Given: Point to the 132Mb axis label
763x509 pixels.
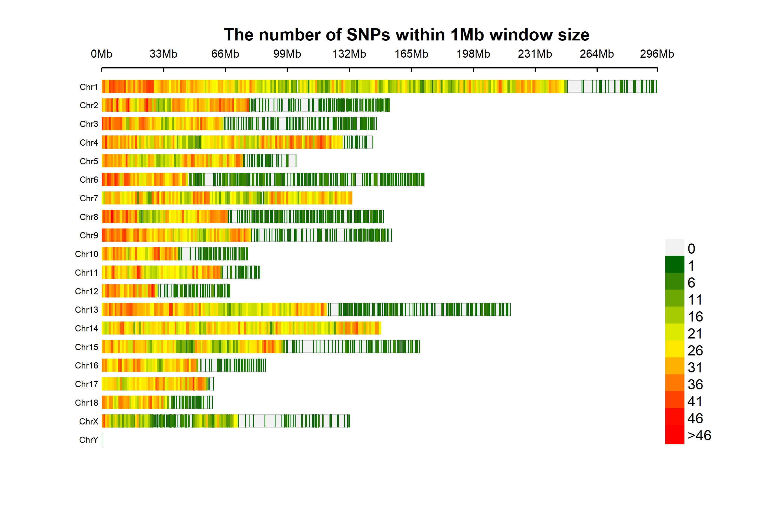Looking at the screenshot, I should pyautogui.click(x=349, y=54).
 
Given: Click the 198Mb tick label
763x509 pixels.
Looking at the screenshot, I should pyautogui.click(x=473, y=54).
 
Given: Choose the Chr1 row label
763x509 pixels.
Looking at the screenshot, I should pyautogui.click(x=88, y=87).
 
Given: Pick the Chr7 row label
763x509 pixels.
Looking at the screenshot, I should pyautogui.click(x=88, y=198).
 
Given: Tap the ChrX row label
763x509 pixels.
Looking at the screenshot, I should pyautogui.click(x=88, y=421).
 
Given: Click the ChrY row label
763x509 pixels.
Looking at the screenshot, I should pyautogui.click(x=88, y=440).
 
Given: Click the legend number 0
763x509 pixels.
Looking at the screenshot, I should pyautogui.click(x=691, y=249).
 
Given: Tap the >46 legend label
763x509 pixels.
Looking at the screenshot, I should pyautogui.click(x=699, y=435).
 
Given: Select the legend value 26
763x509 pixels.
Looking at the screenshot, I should pyautogui.click(x=695, y=351).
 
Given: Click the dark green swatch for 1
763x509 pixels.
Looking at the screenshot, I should pyautogui.click(x=675, y=264).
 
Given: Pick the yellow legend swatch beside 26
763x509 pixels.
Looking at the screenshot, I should pyautogui.click(x=675, y=349).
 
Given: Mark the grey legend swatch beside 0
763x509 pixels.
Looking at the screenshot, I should pyautogui.click(x=675, y=247).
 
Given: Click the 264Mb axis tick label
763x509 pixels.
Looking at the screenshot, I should pyautogui.click(x=597, y=54).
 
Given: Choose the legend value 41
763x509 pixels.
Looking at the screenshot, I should pyautogui.click(x=695, y=402).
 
